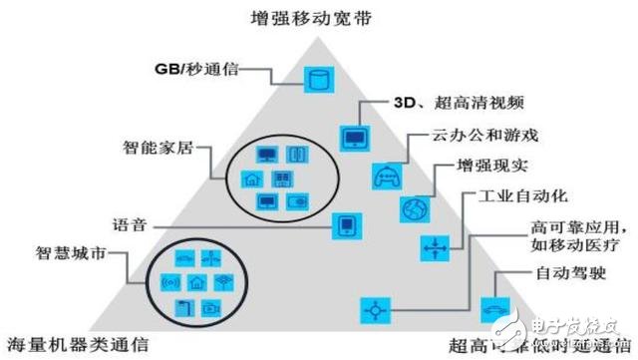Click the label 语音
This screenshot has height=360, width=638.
tap(130, 222)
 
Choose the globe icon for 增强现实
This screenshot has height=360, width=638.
tap(414, 208)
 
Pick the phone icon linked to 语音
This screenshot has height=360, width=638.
tap(346, 225)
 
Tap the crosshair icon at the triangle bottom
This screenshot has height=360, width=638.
tap(374, 309)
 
